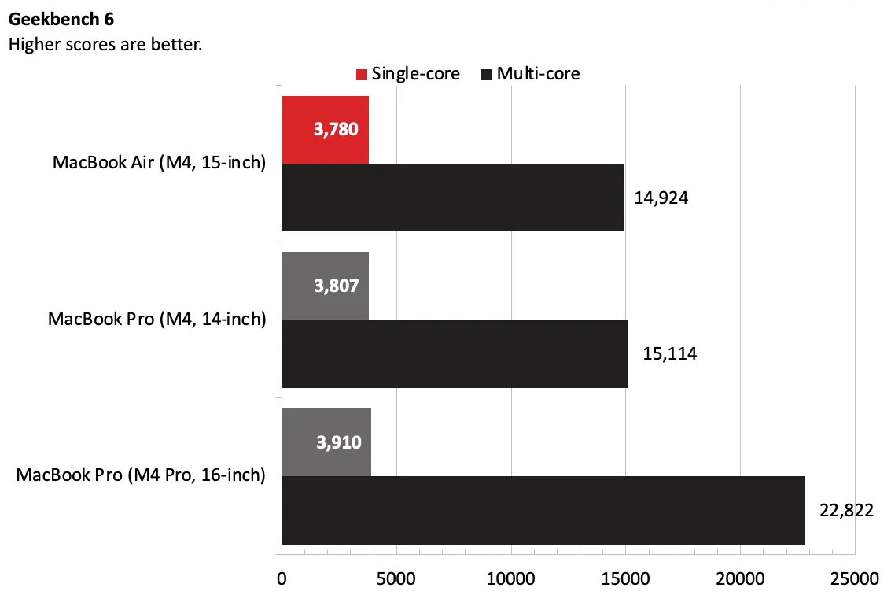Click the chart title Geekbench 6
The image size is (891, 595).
coord(61,20)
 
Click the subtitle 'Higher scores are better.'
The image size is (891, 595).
coord(105,44)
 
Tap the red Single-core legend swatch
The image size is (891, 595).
coord(362,75)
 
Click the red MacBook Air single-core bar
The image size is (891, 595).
coord(325,130)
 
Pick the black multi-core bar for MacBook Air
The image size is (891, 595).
coord(452,198)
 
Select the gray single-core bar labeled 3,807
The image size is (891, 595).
coord(325,286)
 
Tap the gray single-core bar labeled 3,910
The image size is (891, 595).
coord(326,442)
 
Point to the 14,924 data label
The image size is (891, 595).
coord(661,198)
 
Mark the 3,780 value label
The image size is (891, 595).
coord(337,130)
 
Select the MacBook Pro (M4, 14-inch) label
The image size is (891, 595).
coord(156,320)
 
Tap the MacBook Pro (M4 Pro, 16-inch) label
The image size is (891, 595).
coord(141,475)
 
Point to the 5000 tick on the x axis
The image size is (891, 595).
coord(396,580)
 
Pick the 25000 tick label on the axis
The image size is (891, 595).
coord(854,580)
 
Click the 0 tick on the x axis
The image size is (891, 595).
coord(282,580)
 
